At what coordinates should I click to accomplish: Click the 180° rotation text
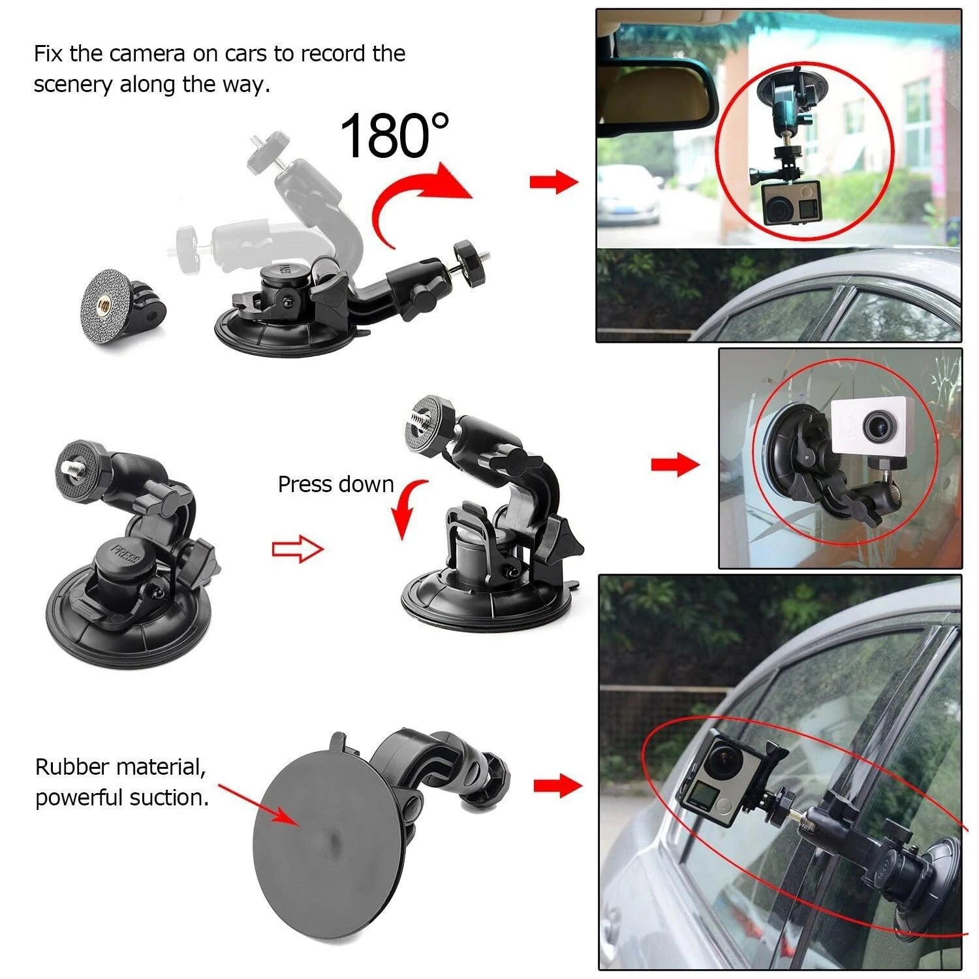coord(395,135)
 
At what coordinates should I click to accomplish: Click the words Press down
coord(335,484)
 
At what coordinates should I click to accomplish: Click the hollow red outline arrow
coord(298,549)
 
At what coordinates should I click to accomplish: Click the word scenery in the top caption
coord(73,85)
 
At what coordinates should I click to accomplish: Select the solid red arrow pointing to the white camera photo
coord(676,465)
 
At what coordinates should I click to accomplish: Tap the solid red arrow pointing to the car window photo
coord(557,785)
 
